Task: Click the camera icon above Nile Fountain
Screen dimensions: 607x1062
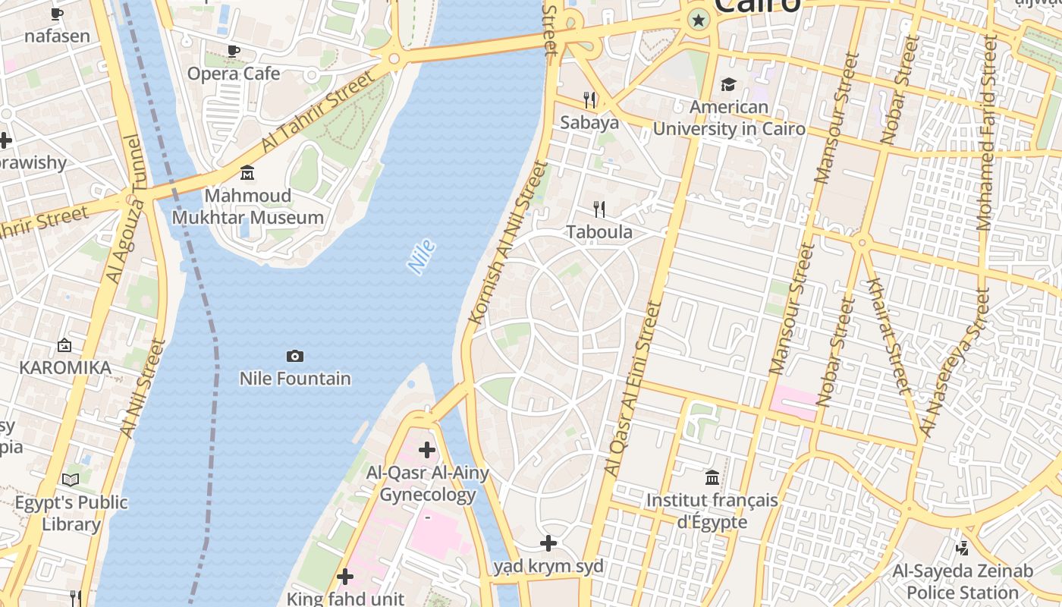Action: coord(295,356)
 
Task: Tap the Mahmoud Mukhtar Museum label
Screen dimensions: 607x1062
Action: coord(248,206)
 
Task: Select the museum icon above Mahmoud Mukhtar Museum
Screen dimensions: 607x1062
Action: coord(247,173)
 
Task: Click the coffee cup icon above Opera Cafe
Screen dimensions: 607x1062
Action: coord(234,51)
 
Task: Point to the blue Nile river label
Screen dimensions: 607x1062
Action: coord(421,256)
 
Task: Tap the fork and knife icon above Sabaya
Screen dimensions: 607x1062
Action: coord(589,99)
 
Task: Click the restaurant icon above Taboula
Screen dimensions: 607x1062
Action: coord(599,209)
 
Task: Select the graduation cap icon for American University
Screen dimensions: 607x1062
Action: coord(728,84)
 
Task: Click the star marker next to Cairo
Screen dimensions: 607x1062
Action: coord(698,20)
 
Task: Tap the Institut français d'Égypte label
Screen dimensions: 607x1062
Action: coord(712,511)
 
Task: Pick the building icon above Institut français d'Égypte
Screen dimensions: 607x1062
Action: coord(712,477)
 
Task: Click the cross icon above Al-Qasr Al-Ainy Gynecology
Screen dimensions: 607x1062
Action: coord(427,450)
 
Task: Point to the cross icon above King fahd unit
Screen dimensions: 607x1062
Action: coord(345,577)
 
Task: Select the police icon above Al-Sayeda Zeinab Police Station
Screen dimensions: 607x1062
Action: coord(963,547)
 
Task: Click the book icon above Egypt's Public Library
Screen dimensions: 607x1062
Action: coord(71,480)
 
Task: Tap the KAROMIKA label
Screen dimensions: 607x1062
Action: coord(65,368)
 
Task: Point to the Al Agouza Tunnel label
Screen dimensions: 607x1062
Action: coord(124,209)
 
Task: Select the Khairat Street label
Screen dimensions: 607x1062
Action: coord(887,336)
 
